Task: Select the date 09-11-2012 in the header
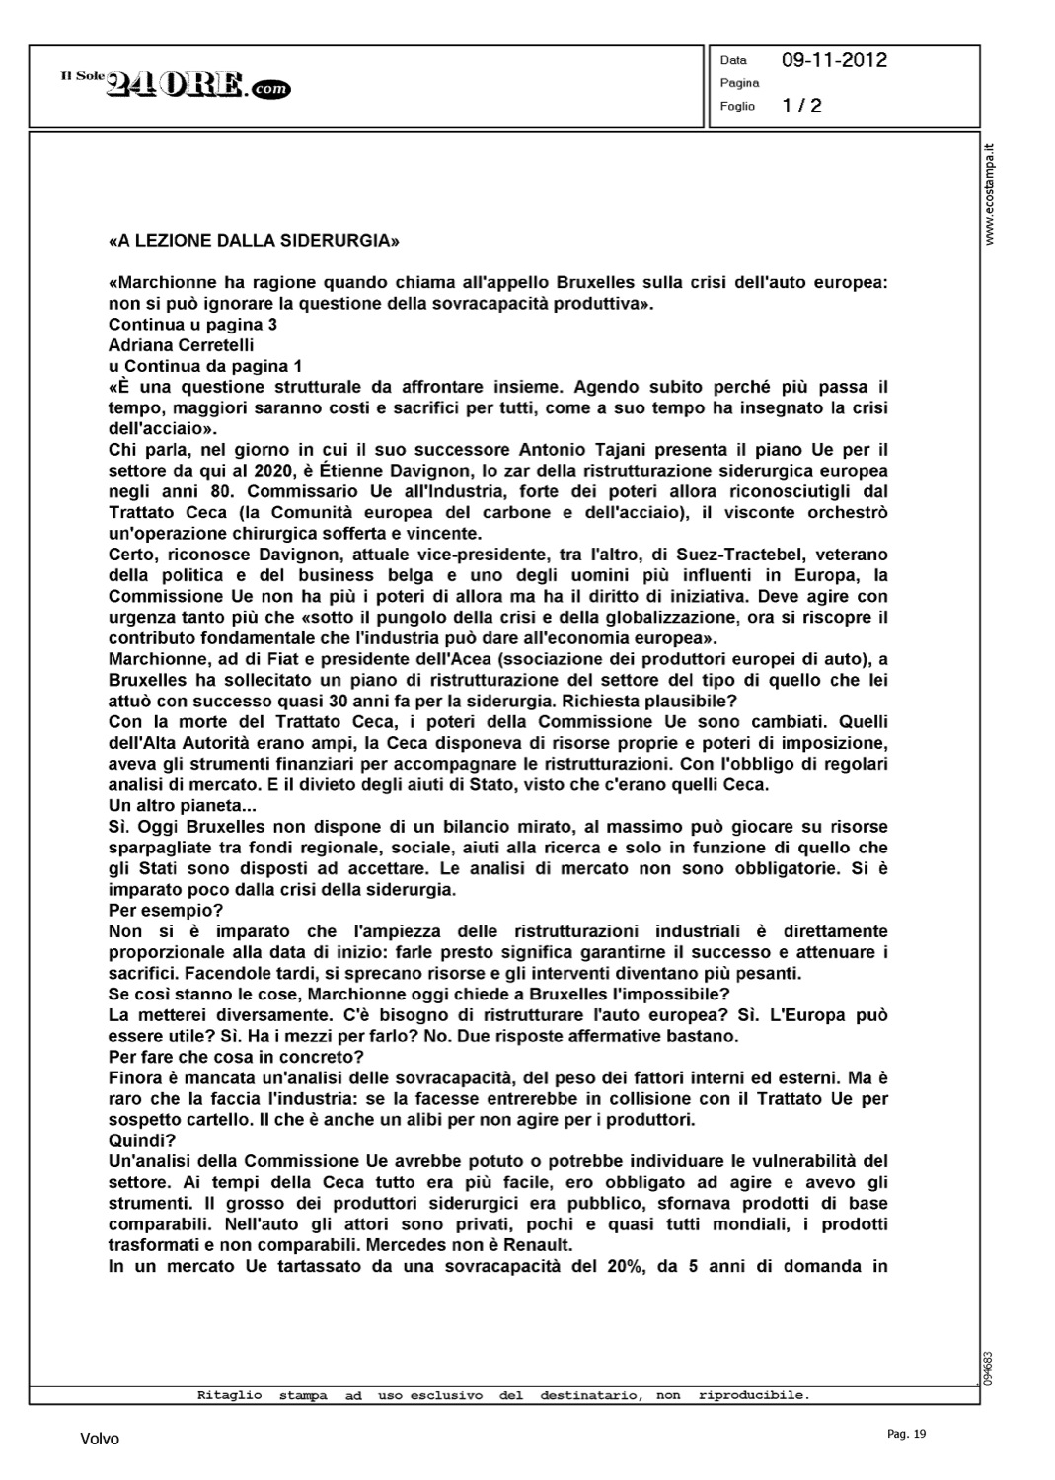click(834, 60)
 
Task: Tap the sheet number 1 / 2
click(801, 106)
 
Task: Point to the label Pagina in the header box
click(739, 83)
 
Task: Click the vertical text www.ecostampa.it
click(990, 193)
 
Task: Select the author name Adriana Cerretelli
click(181, 345)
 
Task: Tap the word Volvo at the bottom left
click(100, 1440)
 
